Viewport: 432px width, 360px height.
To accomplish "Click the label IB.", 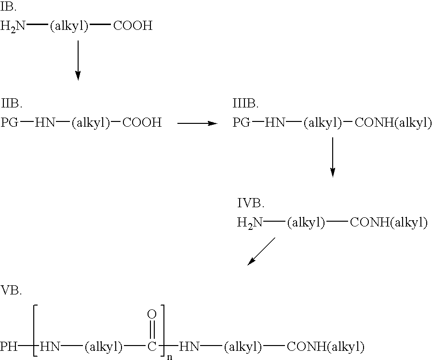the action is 8,7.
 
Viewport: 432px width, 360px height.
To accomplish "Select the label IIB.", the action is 12,104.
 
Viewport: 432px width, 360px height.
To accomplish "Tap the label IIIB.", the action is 245,104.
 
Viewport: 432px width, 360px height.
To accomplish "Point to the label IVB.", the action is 251,203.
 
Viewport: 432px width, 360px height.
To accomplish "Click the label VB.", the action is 11,290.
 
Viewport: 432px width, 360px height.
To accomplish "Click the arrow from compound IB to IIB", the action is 78,60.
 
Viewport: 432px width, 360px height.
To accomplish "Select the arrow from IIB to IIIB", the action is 198,123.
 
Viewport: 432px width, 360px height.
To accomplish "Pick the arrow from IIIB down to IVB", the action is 333,157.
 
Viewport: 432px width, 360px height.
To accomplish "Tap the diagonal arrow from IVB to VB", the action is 261,252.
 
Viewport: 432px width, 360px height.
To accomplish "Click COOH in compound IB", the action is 133,26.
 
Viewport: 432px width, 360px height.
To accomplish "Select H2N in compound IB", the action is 13,27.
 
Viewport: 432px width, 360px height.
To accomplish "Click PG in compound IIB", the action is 10,122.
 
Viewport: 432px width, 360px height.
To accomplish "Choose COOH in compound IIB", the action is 142,122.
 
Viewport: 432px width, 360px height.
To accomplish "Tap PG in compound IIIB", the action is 242,122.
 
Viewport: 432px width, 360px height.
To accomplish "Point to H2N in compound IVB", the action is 250,223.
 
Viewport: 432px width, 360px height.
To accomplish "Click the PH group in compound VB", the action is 9,346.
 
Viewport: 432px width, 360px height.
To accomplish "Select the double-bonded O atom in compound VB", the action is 152,314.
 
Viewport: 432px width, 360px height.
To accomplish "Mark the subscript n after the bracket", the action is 170,357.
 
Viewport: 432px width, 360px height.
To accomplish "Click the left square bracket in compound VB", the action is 35,331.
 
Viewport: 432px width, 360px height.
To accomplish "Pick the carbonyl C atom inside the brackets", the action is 152,347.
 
